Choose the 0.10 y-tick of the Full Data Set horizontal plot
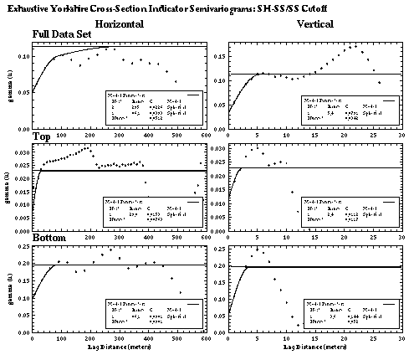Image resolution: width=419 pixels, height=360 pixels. click(18, 56)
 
